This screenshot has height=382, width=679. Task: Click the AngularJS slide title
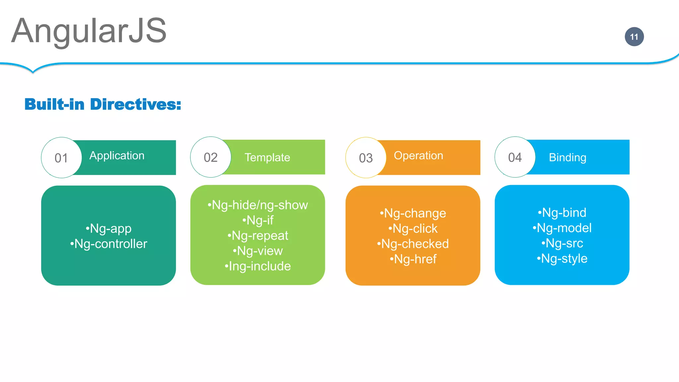89,31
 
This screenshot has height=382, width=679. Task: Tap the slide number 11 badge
634,37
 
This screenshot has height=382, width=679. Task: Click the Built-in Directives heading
103,104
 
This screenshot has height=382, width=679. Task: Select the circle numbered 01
61,158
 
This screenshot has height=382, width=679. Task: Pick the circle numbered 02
211,157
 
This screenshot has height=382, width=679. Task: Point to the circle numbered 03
366,158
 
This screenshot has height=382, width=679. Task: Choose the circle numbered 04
515,157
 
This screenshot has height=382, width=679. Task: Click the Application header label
117,156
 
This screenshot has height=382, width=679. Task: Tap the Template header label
267,158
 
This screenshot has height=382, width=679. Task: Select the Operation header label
418,156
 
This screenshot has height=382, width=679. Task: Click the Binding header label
568,158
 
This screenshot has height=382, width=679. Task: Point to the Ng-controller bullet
109,244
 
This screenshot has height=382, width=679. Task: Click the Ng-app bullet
109,229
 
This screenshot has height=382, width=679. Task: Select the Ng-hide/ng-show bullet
258,205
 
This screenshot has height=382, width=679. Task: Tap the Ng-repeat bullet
258,236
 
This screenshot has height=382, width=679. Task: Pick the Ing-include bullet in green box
258,266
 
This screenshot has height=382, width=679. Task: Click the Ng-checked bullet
413,244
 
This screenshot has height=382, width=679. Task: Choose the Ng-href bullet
413,259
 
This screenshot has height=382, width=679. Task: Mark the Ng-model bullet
562,228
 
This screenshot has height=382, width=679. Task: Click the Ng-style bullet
562,259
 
